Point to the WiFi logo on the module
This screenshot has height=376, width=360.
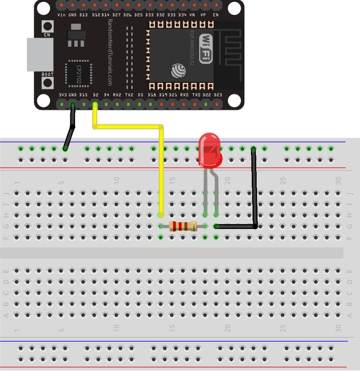[x=206, y=48]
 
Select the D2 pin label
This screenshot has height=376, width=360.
[x=95, y=95]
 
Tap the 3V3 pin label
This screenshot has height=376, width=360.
[x=63, y=95]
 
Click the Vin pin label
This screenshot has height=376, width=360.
[x=62, y=15]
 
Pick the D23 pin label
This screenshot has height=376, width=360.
[x=218, y=95]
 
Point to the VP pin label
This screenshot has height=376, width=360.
[x=203, y=15]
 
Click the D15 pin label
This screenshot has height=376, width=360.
[x=84, y=95]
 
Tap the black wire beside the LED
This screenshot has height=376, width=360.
[x=254, y=189]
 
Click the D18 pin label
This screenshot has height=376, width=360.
[x=152, y=95]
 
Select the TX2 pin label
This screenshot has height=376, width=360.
[x=129, y=95]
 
